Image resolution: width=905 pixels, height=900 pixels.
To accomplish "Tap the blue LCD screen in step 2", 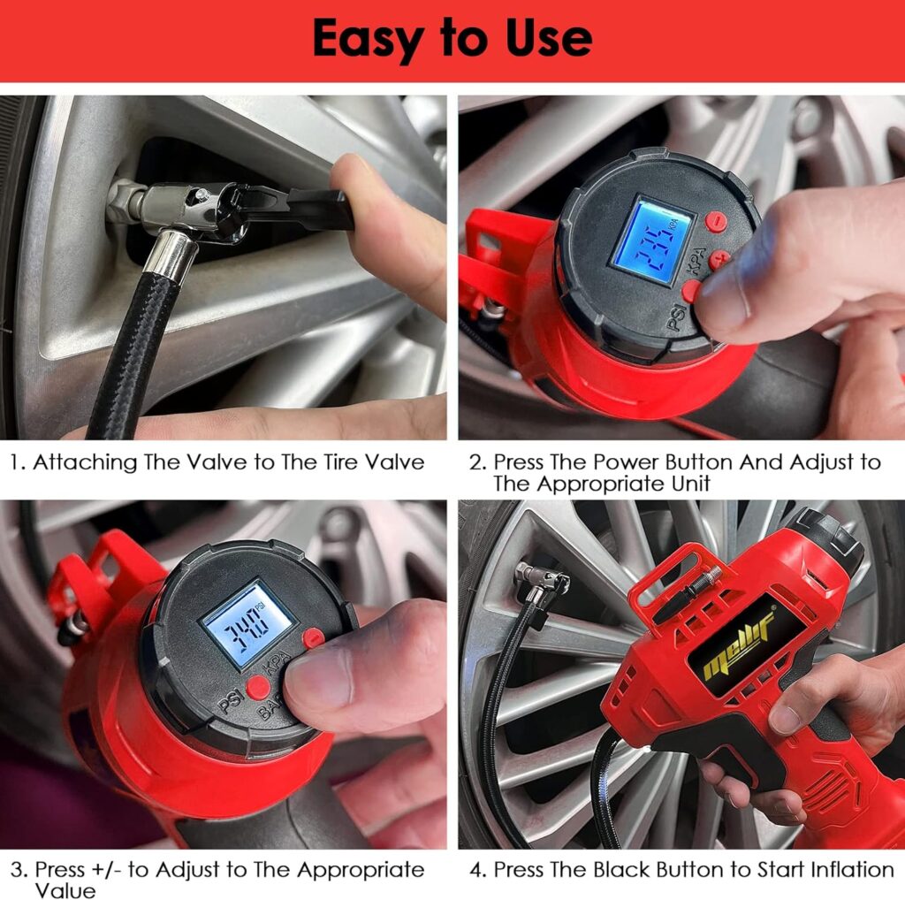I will pyautogui.click(x=653, y=240).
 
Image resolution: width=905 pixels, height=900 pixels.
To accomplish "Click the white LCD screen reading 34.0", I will pyautogui.click(x=247, y=623).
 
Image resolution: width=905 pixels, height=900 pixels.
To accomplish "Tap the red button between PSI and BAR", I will pyautogui.click(x=257, y=687).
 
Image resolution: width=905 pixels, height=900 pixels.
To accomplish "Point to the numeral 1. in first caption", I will pyautogui.click(x=18, y=461).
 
